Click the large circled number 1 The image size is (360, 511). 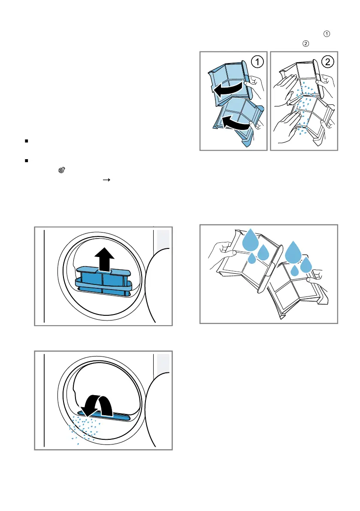(x=257, y=62)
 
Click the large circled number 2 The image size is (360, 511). (x=327, y=62)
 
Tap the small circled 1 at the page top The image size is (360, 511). (x=327, y=34)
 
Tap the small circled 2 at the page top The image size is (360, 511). (x=306, y=44)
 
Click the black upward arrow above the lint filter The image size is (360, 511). (x=104, y=260)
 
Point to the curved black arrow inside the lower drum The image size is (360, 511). (x=97, y=406)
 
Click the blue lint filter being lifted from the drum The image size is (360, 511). (x=103, y=281)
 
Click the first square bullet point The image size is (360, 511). (x=27, y=141)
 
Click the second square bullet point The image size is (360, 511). (x=27, y=160)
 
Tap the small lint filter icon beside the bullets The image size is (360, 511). (x=62, y=170)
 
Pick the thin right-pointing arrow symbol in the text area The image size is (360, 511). (x=106, y=180)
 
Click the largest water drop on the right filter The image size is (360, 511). (x=293, y=253)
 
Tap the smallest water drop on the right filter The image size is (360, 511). (x=294, y=270)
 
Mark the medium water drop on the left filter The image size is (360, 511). (x=263, y=252)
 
